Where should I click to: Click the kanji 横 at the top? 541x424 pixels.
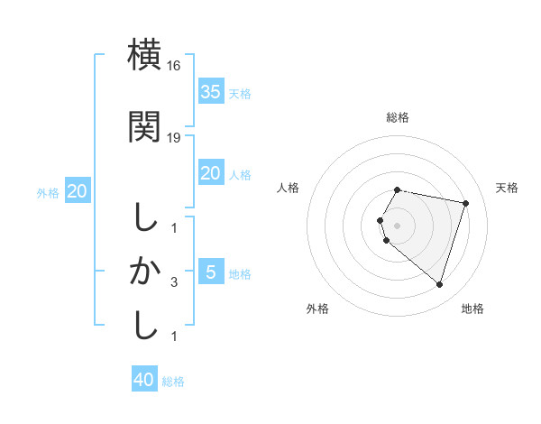click(x=144, y=55)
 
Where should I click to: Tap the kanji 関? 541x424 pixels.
click(x=144, y=126)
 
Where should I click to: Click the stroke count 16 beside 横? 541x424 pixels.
click(x=175, y=66)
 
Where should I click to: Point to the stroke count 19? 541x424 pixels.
click(x=175, y=137)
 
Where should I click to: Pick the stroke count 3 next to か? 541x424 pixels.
click(x=174, y=282)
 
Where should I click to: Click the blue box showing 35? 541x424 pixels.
click(x=210, y=92)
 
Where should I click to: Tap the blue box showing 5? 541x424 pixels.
click(x=210, y=272)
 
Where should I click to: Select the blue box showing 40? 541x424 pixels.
click(x=144, y=380)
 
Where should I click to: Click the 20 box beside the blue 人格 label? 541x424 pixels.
click(x=210, y=173)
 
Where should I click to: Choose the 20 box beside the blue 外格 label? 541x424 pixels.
click(x=77, y=191)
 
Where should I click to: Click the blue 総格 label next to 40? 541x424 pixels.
click(x=173, y=382)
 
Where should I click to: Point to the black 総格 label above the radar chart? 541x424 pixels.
click(x=398, y=117)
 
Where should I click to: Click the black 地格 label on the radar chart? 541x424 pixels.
click(x=472, y=309)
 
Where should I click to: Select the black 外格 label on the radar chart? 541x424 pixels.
click(x=317, y=309)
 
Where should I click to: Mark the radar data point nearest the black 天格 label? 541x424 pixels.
click(x=466, y=203)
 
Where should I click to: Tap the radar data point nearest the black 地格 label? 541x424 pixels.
click(x=439, y=285)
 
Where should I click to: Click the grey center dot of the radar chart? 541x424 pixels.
click(x=398, y=225)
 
